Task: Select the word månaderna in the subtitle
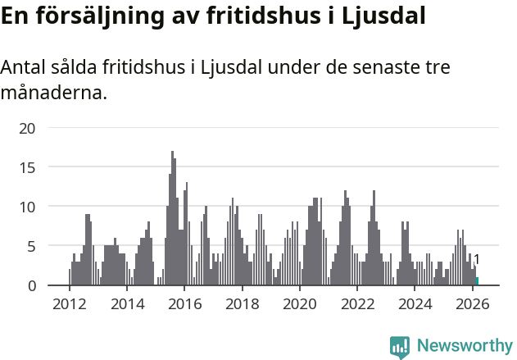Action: pos(53,93)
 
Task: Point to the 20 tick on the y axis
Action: pos(28,128)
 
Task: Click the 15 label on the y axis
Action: pos(28,167)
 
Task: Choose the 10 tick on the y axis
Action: pos(28,207)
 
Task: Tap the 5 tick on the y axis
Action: pos(32,246)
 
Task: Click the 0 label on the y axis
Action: pos(32,285)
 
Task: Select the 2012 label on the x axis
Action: pos(69,304)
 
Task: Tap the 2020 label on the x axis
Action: pos(300,304)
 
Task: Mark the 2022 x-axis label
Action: pos(357,304)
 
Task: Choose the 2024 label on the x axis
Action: pos(415,304)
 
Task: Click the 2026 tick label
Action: pos(473,304)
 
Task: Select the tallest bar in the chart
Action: pos(172,218)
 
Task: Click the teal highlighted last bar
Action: pos(477,281)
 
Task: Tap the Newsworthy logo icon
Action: pos(400,347)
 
